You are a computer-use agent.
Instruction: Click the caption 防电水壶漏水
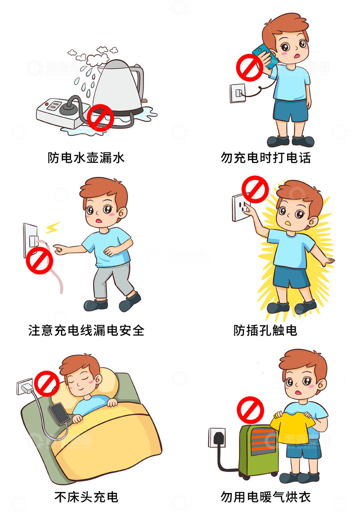click(x=86, y=158)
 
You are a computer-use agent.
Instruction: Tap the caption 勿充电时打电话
click(x=265, y=158)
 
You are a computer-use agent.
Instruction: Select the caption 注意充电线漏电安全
click(x=86, y=331)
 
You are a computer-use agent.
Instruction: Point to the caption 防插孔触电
click(x=265, y=331)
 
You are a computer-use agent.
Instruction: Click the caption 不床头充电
click(x=86, y=497)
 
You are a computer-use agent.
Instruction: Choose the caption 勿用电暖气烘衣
click(x=265, y=497)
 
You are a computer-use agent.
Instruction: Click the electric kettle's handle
click(x=140, y=81)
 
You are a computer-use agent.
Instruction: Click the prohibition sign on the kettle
click(x=100, y=118)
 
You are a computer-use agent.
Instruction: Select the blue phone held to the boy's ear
click(x=262, y=56)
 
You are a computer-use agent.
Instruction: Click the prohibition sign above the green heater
click(x=250, y=410)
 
